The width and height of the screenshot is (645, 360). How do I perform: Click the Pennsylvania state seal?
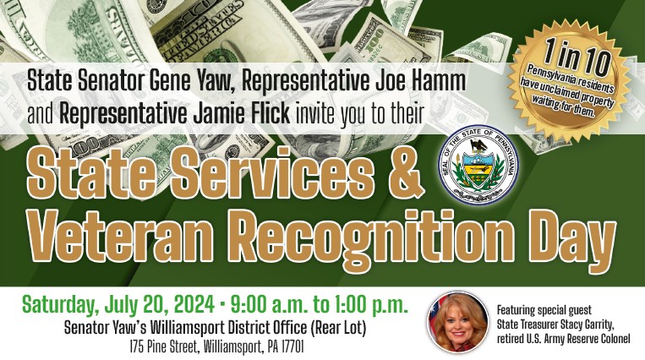478,165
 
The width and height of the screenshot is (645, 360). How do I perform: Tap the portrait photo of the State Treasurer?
458,322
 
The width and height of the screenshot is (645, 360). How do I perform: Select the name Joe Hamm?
421,81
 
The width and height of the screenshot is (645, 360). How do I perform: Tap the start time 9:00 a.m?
269,305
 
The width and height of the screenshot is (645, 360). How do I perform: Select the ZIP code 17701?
292,346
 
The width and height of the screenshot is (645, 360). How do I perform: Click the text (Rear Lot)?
338,328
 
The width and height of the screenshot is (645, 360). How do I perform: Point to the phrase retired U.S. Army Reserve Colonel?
564,339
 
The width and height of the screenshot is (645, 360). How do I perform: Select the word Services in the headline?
272,172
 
